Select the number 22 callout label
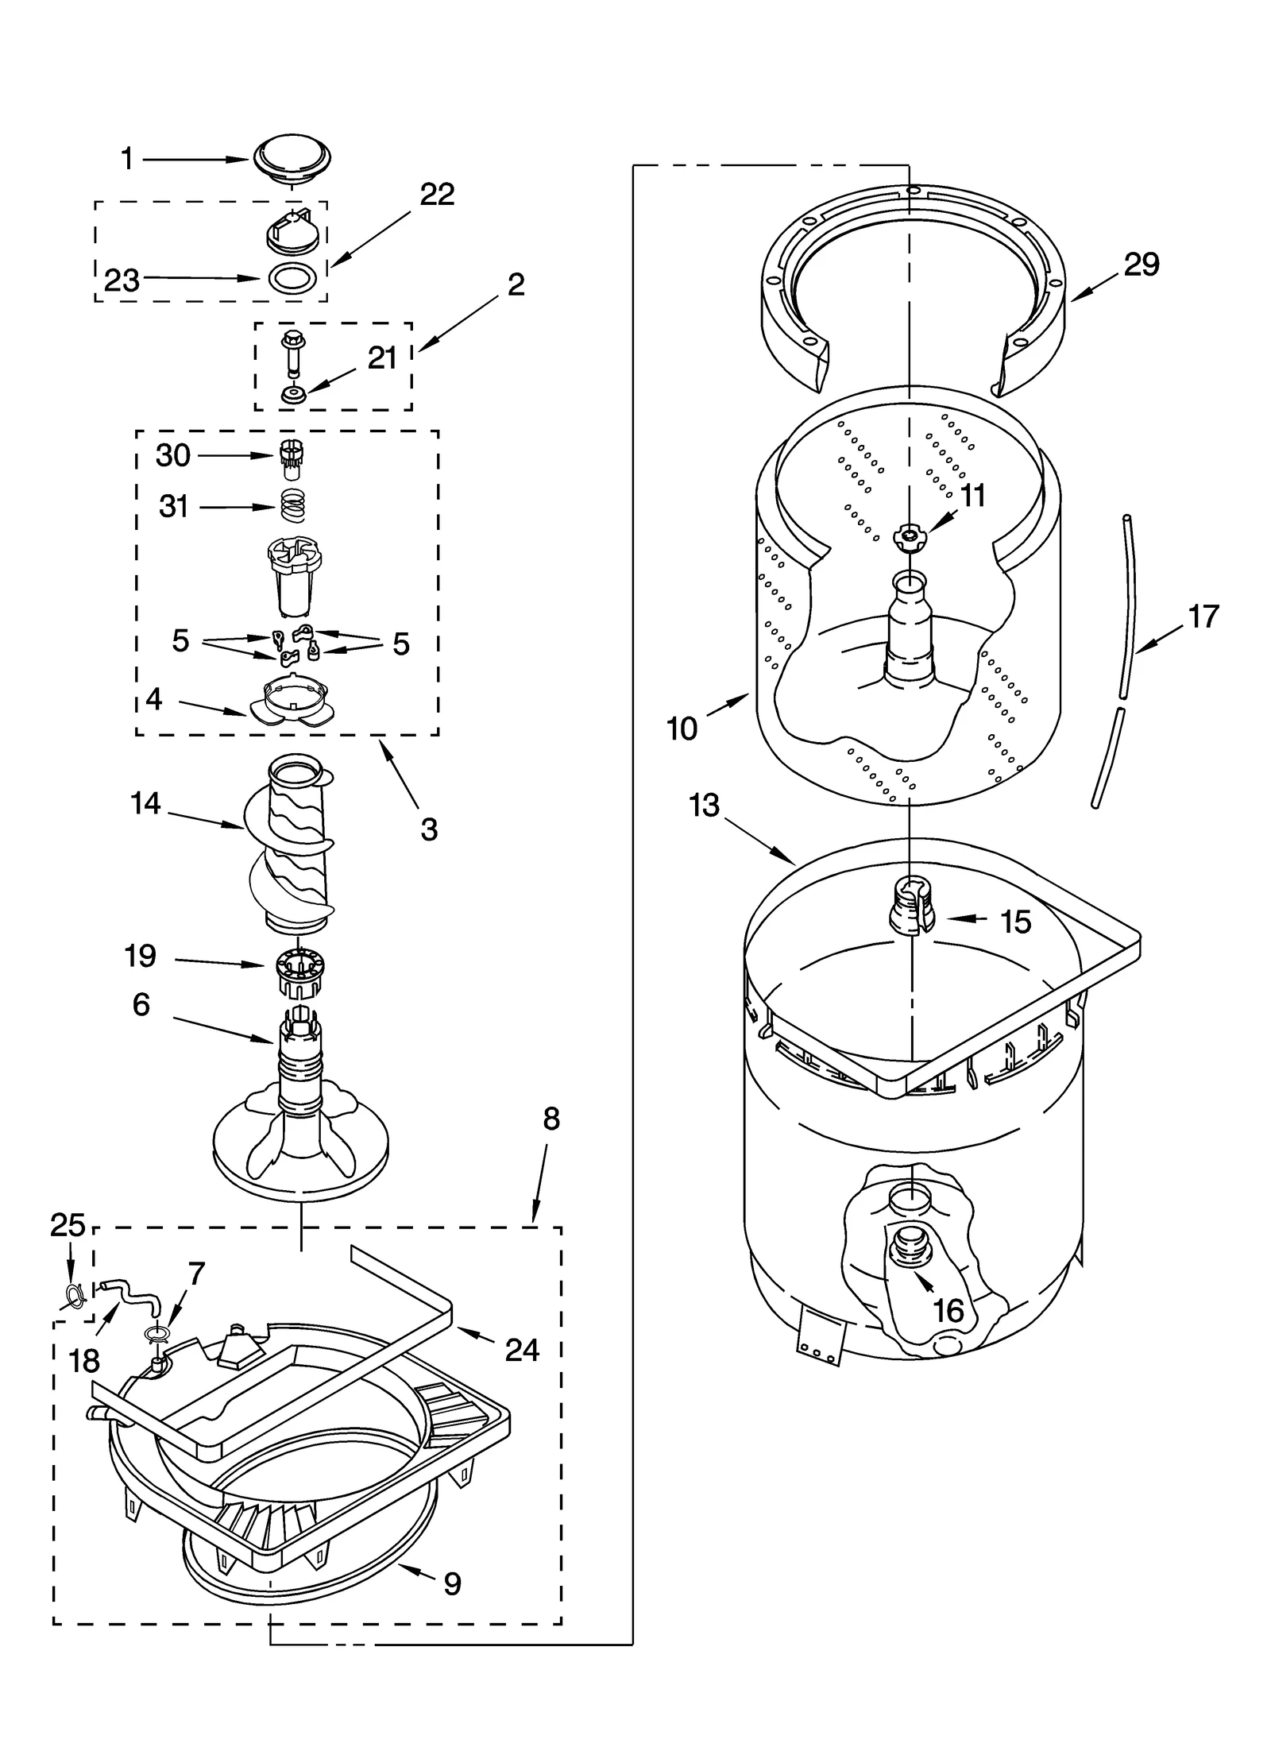pyautogui.click(x=437, y=195)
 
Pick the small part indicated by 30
pyautogui.click(x=292, y=458)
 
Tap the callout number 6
pyautogui.click(x=141, y=1005)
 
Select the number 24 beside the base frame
pyautogui.click(x=522, y=1350)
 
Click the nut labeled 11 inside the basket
pyautogui.click(x=907, y=537)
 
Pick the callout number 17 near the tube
pyautogui.click(x=1203, y=617)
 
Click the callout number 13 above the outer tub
pyautogui.click(x=704, y=805)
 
